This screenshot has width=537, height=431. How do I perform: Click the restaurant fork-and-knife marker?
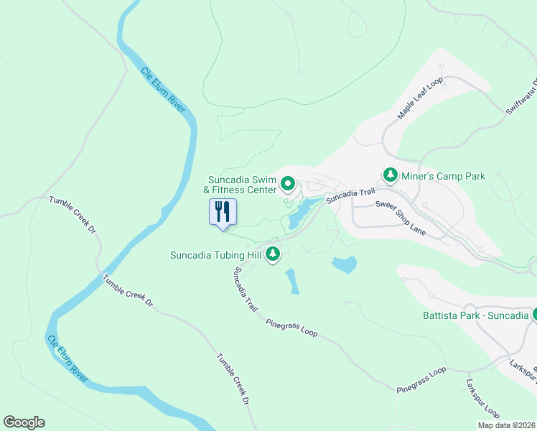point(223,212)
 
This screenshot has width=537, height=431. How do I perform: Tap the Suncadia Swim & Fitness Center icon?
point(288,185)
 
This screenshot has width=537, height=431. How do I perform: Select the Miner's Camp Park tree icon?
point(391,175)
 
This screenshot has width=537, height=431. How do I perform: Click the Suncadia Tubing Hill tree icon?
point(273,254)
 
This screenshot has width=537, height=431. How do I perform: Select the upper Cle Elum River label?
point(163,90)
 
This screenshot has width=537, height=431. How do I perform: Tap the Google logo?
point(24,422)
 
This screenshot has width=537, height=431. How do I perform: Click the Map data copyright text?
point(506,425)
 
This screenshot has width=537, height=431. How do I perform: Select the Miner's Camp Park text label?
point(443,175)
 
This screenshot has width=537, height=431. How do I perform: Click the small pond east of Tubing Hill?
point(345,264)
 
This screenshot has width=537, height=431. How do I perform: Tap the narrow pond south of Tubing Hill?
point(292,282)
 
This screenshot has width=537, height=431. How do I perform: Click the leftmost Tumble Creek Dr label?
point(73,215)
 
